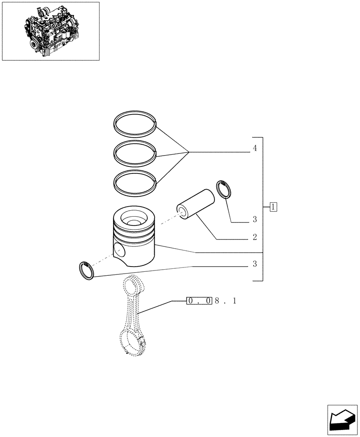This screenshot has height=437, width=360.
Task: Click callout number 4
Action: (254, 149)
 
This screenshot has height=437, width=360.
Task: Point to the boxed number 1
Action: (273, 206)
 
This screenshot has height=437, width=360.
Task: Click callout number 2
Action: (254, 238)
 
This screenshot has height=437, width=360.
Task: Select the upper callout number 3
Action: (254, 219)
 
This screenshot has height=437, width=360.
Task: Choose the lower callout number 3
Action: (254, 264)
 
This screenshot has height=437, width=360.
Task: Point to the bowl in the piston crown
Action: (133, 217)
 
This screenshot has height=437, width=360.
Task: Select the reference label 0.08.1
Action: (211, 301)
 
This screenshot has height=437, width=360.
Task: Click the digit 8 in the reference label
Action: (217, 301)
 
